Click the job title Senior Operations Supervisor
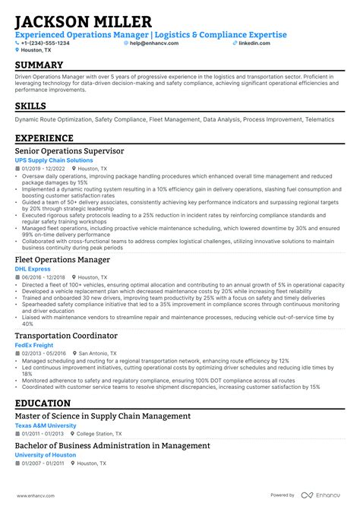[69, 152]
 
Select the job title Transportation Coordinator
[66, 335]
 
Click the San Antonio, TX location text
[98, 353]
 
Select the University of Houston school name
[46, 454]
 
